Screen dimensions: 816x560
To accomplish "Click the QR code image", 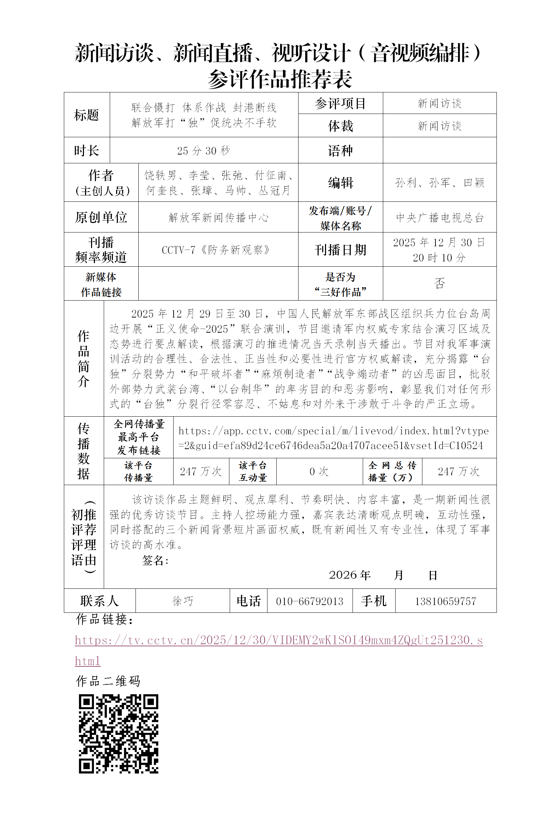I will pyautogui.click(x=119, y=734).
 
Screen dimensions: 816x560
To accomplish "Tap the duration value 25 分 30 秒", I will pyautogui.click(x=204, y=151).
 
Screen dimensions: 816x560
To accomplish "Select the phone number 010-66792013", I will pyautogui.click(x=309, y=601).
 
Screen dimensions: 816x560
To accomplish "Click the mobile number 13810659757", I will pyautogui.click(x=445, y=601).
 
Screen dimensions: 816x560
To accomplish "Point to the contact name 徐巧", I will pyautogui.click(x=183, y=601).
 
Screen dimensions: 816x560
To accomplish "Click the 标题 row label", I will pyautogui.click(x=86, y=115).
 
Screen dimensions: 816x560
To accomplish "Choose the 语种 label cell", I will pyautogui.click(x=340, y=151).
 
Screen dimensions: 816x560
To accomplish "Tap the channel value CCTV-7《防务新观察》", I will pyautogui.click(x=216, y=250).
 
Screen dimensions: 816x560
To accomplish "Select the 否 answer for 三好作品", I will pyautogui.click(x=439, y=283).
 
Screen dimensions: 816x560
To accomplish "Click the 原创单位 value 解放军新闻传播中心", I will pyautogui.click(x=218, y=217).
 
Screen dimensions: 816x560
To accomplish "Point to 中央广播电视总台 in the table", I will pyautogui.click(x=439, y=217).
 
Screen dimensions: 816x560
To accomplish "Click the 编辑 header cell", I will pyautogui.click(x=340, y=183).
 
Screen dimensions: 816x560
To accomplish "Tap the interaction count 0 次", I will pyautogui.click(x=319, y=471).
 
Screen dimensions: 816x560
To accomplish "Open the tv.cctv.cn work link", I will pyautogui.click(x=278, y=640).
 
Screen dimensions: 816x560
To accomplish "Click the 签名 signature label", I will pyautogui.click(x=155, y=560).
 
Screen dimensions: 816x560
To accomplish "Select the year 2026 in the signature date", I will pyautogui.click(x=343, y=575).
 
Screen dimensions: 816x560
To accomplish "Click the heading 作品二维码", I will pyautogui.click(x=108, y=681).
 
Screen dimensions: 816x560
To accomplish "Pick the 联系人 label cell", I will pyautogui.click(x=100, y=601).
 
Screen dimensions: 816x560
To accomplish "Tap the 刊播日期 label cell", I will pyautogui.click(x=340, y=250).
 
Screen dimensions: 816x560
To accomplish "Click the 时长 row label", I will pyautogui.click(x=86, y=151).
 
